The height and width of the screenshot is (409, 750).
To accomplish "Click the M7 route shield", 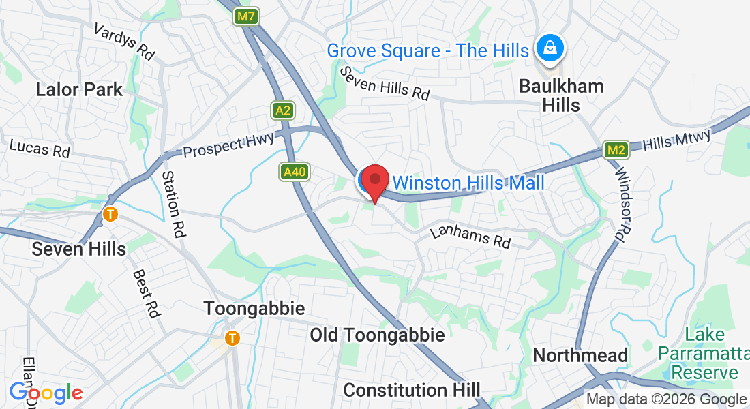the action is click(x=245, y=16).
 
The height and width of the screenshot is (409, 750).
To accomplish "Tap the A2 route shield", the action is click(x=283, y=110).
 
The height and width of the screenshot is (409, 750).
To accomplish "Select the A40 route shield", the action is click(x=294, y=172).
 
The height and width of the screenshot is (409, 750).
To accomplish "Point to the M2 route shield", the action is click(x=616, y=150).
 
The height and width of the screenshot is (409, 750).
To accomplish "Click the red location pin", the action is click(x=374, y=182).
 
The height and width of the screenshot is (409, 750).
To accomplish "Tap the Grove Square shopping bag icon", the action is click(x=548, y=48).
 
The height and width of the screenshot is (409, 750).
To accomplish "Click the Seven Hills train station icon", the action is click(x=110, y=214).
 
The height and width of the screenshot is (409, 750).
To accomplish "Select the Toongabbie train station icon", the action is click(x=233, y=337).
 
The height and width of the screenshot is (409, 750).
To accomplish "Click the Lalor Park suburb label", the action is click(x=79, y=89).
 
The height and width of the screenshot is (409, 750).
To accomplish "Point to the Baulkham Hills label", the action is click(x=561, y=95).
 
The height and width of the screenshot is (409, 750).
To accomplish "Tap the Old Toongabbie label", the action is click(x=377, y=335).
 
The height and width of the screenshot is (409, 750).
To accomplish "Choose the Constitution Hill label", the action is click(x=411, y=390).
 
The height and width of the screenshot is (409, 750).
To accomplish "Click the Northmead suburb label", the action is click(x=580, y=355).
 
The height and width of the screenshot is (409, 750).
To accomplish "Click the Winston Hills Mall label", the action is click(x=468, y=183).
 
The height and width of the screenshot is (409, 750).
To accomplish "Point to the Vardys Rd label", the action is click(x=124, y=42).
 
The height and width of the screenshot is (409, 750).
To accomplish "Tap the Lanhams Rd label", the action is click(x=470, y=237).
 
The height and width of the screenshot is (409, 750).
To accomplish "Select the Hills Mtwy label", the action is click(x=677, y=139).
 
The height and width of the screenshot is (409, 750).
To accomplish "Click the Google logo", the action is click(x=46, y=393).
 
